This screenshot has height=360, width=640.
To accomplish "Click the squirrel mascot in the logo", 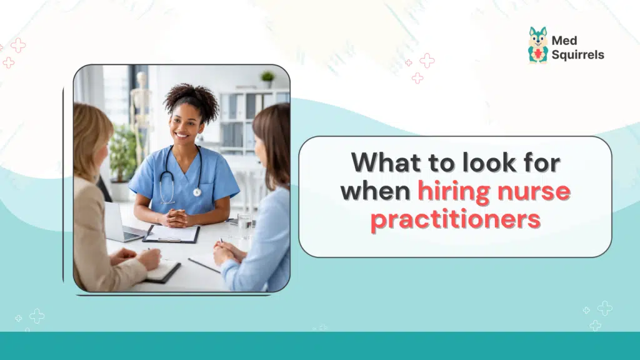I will [537, 45].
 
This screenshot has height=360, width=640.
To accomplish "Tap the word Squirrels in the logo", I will [578, 55].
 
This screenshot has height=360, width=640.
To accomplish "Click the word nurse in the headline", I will [535, 190].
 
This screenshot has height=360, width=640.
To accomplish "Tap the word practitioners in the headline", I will [455, 219].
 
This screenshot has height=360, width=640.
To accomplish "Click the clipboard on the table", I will [172, 234].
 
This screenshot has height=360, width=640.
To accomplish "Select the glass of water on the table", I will [244, 224].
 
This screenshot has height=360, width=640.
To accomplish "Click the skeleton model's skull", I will [142, 79].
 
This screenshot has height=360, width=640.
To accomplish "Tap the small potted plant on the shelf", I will [268, 78].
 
